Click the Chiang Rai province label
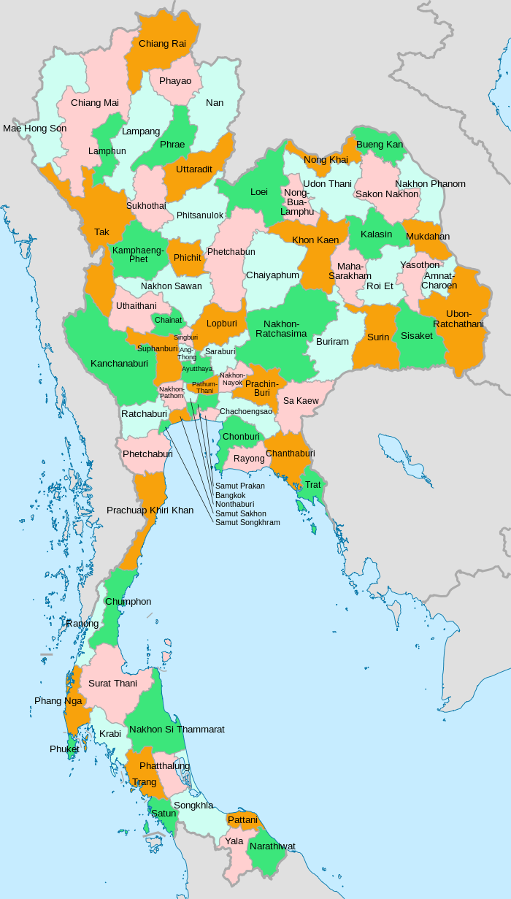[162, 44]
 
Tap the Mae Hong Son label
[34, 129]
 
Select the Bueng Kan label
[379, 145]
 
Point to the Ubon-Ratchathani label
[458, 318]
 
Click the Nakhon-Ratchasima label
[280, 329]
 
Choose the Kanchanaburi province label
[119, 363]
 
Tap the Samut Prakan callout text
[239, 486]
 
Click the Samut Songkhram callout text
[247, 522]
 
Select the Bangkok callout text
[230, 495]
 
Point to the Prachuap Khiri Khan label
[150, 510]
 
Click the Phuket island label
[64, 749]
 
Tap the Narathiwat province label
[272, 846]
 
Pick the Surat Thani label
[112, 684]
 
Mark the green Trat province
[312, 485]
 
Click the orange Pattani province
[242, 820]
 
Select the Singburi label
[185, 337]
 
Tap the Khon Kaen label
[315, 240]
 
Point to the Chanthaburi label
[290, 454]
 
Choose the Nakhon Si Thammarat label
[177, 729]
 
